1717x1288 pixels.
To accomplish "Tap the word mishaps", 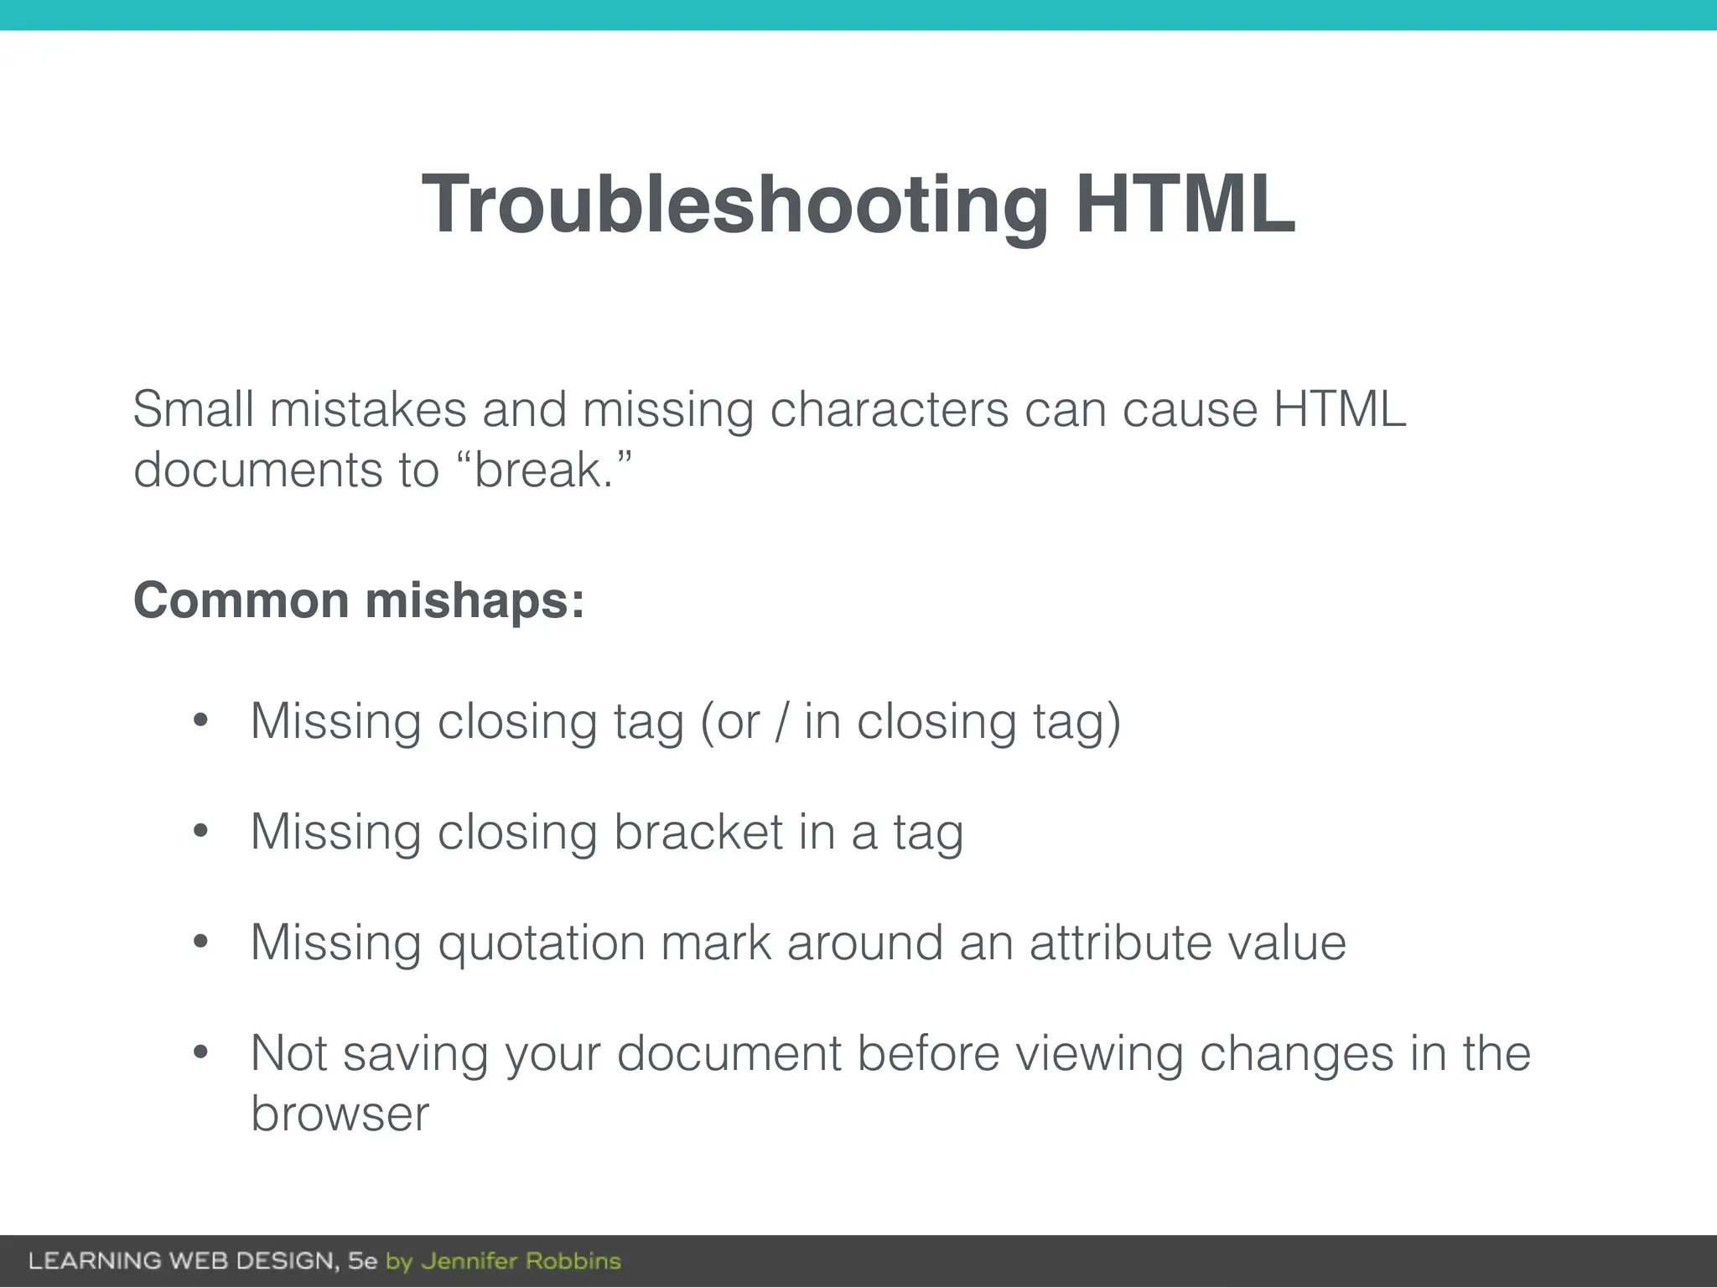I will pyautogui.click(x=475, y=602).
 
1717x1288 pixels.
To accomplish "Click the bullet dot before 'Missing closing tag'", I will pyautogui.click(x=200, y=719).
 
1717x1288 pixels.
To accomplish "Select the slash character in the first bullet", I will pyautogui.click(x=781, y=721).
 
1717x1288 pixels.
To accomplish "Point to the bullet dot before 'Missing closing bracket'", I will pyautogui.click(x=200, y=830).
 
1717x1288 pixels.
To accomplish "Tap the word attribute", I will pyautogui.click(x=1120, y=943).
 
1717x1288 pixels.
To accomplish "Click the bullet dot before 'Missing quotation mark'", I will pyautogui.click(x=200, y=941).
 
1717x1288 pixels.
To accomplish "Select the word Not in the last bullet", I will pyautogui.click(x=288, y=1053).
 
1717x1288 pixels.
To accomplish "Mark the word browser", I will pyautogui.click(x=340, y=1114).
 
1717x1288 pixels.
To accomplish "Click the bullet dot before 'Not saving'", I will pyautogui.click(x=200, y=1052).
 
